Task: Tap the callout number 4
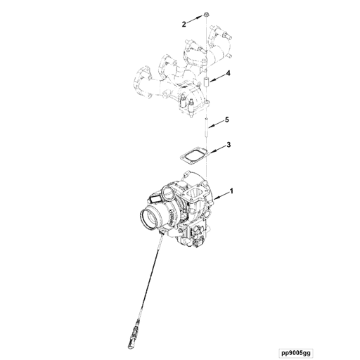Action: (x=229, y=74)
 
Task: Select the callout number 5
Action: (x=227, y=120)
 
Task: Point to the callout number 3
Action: (x=228, y=146)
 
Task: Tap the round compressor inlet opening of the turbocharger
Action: (x=151, y=218)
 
